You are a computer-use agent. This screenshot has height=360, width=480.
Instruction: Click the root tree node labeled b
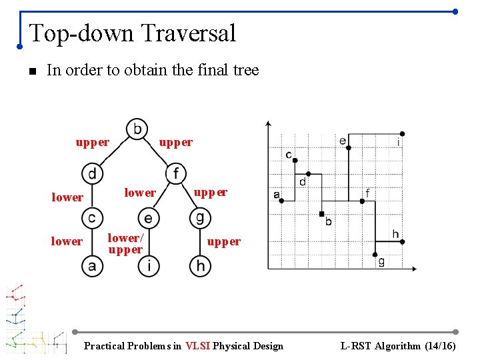tap(137, 128)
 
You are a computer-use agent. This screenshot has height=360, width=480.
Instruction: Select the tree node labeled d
tap(92, 174)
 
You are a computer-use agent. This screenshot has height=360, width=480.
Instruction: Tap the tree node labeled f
tap(175, 174)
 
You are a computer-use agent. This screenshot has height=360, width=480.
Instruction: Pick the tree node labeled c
tap(92, 218)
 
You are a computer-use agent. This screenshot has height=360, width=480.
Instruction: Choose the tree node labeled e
tap(148, 218)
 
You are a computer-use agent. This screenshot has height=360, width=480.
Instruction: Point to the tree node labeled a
tap(92, 265)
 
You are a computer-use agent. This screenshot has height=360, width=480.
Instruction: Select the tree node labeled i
tap(148, 265)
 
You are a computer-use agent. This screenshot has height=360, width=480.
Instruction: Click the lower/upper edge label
tap(125, 243)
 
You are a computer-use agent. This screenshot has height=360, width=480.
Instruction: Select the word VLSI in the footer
tap(197, 345)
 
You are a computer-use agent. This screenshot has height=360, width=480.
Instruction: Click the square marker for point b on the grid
tap(321, 214)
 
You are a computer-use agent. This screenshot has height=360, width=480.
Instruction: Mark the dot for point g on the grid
tap(375, 254)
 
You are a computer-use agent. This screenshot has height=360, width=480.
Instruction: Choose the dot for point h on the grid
tap(402, 241)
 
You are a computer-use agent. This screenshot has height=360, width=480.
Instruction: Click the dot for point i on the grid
tap(402, 134)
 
